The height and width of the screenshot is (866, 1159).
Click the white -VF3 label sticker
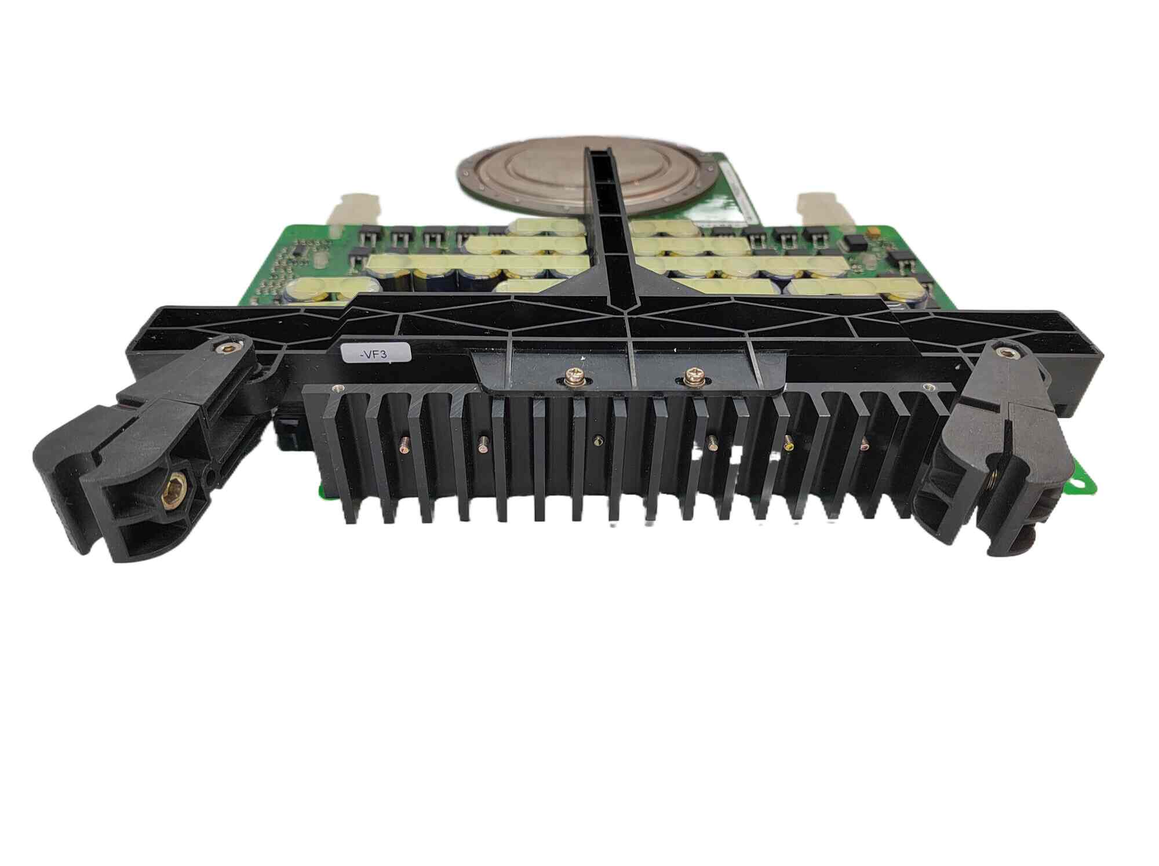click(x=376, y=353)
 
